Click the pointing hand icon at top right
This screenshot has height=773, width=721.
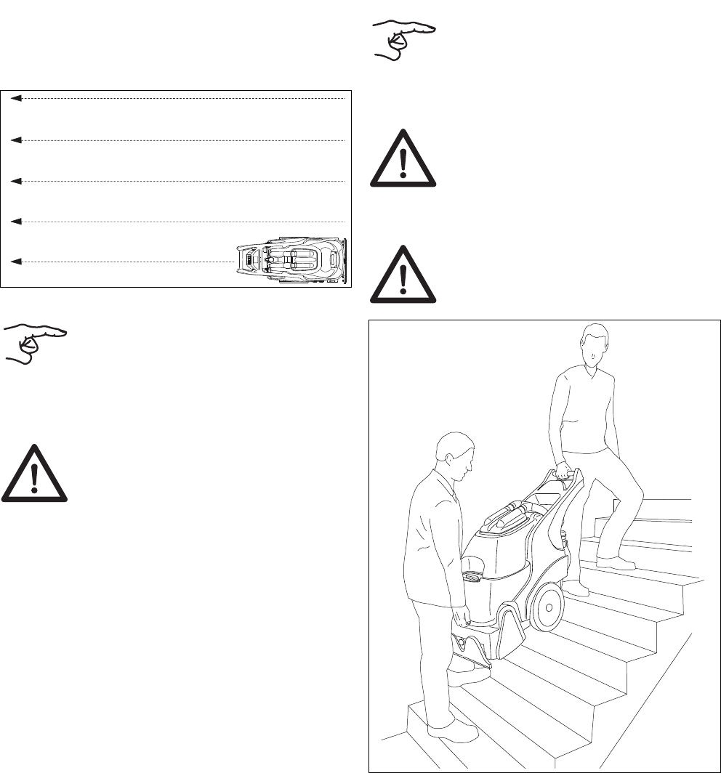[403, 41]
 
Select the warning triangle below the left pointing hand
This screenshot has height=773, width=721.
[35, 473]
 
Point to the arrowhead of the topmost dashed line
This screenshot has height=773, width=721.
[16, 97]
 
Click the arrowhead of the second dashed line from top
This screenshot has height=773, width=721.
[16, 139]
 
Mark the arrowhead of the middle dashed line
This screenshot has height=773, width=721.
[16, 180]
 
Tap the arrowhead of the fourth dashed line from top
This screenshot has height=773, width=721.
[16, 220]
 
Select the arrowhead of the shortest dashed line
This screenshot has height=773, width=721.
[16, 260]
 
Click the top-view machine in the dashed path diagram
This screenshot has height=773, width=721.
[294, 259]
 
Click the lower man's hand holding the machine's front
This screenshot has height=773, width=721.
[460, 620]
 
